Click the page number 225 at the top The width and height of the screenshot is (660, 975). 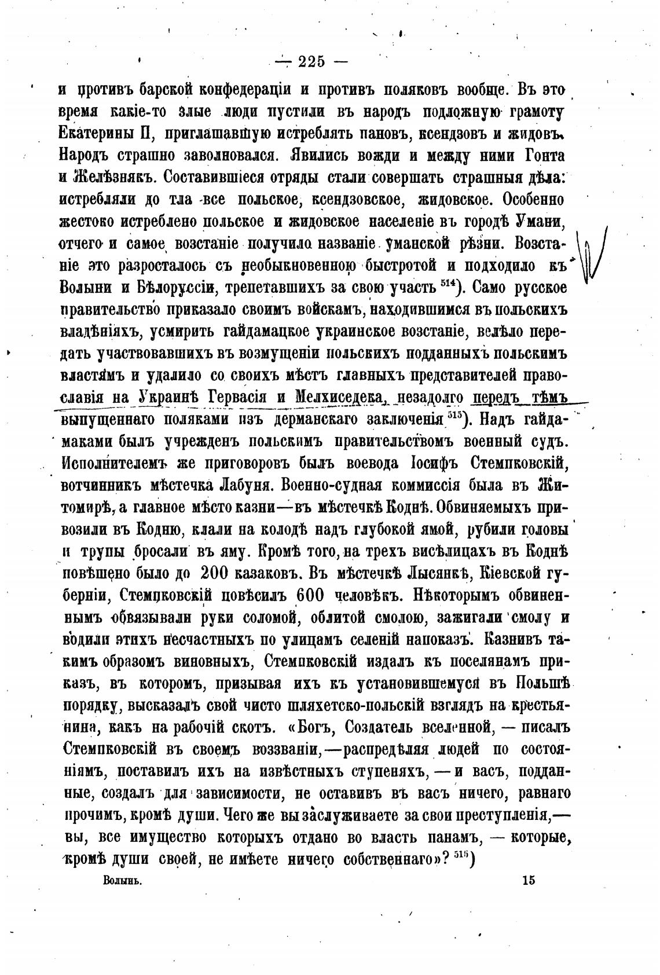(311, 61)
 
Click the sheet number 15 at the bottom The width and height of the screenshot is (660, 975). (528, 880)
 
